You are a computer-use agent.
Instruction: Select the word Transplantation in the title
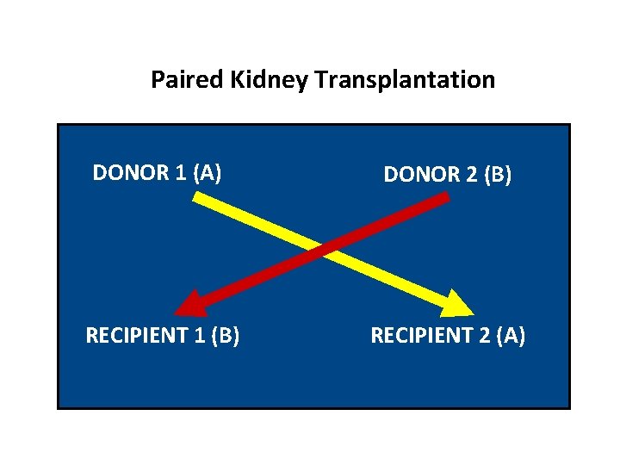[x=405, y=80]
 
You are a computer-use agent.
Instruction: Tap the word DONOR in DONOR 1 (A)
[x=130, y=173]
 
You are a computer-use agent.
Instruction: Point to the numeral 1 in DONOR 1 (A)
[x=180, y=173]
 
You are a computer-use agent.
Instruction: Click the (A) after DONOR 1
[x=208, y=173]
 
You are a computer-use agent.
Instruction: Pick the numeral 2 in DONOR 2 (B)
[x=470, y=175]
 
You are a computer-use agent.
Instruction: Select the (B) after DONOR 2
[x=498, y=175]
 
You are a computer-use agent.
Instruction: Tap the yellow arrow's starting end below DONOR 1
[x=197, y=198]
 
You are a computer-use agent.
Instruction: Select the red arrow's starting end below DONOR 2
[x=444, y=199]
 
